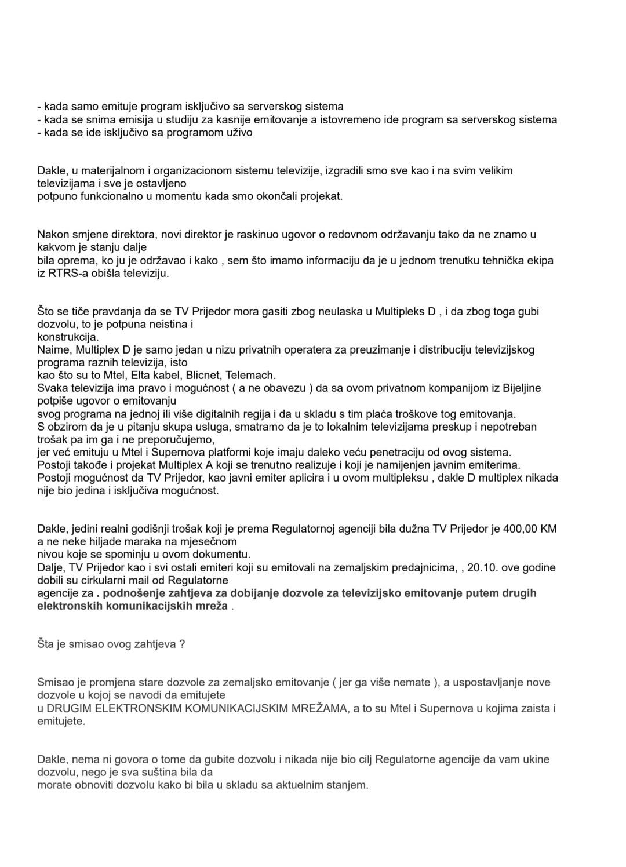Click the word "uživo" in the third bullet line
point(239,133)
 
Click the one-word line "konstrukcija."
point(68,337)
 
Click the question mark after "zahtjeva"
point(182,644)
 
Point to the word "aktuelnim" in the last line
point(293,785)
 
